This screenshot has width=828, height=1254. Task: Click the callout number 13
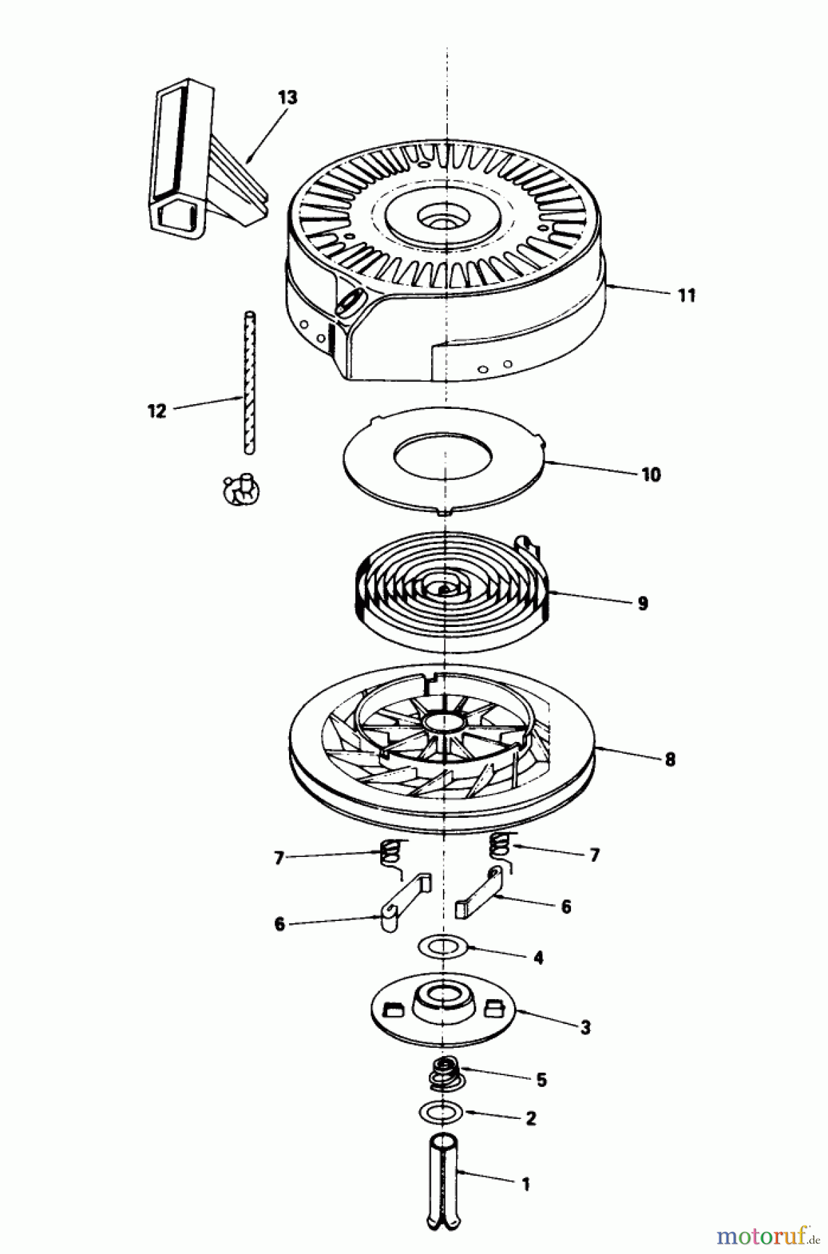click(x=287, y=98)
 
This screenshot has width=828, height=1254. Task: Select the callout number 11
click(x=687, y=295)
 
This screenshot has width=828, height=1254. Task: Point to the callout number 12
click(x=157, y=411)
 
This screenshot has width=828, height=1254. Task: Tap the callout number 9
click(x=642, y=603)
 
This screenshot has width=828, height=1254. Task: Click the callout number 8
click(x=669, y=759)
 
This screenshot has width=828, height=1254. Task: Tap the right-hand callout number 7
click(x=594, y=855)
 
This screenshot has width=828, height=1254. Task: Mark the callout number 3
click(x=585, y=1027)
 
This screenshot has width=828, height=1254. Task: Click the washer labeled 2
click(x=442, y=1112)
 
